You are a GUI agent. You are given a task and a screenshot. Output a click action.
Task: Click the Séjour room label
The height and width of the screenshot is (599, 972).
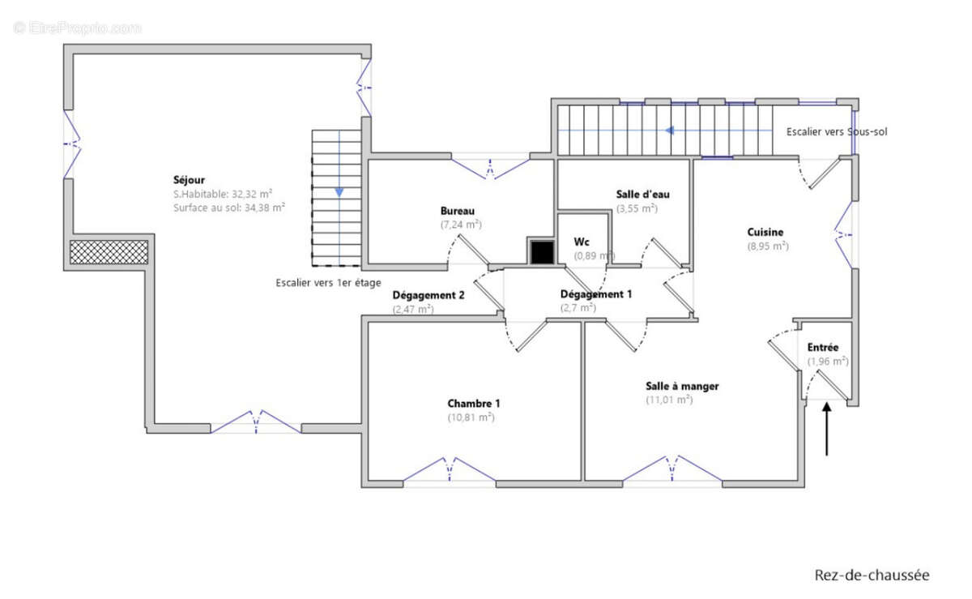189,180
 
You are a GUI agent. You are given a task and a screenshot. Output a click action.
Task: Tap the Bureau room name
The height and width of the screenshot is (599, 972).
458,211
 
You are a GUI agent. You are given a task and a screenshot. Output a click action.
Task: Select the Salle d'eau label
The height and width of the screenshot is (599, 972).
642,195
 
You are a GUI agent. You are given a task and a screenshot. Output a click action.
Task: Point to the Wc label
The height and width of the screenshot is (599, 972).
582,242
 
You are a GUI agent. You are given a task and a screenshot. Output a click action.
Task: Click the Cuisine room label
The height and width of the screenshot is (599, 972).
765,233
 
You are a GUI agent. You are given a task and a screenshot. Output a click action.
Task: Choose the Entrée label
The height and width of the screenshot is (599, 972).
823,348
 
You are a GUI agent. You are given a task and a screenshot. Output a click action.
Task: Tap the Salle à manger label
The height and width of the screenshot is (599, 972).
682,386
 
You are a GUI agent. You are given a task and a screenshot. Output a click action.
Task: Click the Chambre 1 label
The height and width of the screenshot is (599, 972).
474,404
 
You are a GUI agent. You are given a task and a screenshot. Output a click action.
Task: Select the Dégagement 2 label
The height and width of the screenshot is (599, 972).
428,295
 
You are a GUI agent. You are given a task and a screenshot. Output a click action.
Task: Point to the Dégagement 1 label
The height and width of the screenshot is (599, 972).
596,294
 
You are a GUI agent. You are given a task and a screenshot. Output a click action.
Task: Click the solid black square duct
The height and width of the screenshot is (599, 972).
543,252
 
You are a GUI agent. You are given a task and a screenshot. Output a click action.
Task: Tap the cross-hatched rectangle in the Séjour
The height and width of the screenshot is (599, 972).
109,252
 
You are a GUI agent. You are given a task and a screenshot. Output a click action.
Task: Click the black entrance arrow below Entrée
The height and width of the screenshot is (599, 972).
827,429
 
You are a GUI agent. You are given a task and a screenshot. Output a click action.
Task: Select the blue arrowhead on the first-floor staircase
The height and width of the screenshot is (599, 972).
339,192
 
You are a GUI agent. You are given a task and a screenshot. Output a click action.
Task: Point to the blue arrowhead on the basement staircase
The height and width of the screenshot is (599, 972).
670,130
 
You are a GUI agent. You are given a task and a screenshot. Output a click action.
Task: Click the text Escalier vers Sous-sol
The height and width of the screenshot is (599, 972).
837,131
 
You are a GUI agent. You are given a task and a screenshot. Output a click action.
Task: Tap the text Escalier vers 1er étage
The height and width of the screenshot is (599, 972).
329,283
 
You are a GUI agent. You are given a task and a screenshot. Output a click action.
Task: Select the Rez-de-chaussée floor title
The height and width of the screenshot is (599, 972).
872,575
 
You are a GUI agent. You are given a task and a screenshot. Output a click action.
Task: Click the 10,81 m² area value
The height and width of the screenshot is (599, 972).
471,417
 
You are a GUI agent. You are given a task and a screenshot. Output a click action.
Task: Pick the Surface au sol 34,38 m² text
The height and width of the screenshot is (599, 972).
229,208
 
